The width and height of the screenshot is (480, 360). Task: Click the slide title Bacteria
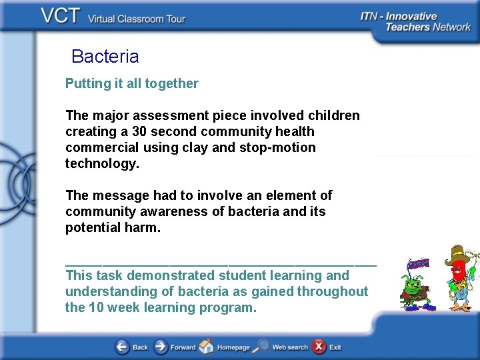105,57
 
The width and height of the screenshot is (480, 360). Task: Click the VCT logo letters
61,17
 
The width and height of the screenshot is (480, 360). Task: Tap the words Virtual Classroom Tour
137,19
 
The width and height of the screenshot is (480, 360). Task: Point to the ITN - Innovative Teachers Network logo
415,21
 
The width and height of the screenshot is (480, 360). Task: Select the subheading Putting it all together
131,83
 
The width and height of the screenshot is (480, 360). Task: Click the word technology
102,163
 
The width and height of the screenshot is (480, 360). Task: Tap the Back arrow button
123,347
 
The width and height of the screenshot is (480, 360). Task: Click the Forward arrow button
161,347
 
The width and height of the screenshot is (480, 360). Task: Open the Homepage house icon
207,347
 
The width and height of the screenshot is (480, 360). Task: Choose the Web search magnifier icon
262,347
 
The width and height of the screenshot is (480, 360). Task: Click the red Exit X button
319,347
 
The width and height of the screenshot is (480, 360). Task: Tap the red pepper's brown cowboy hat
458,254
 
